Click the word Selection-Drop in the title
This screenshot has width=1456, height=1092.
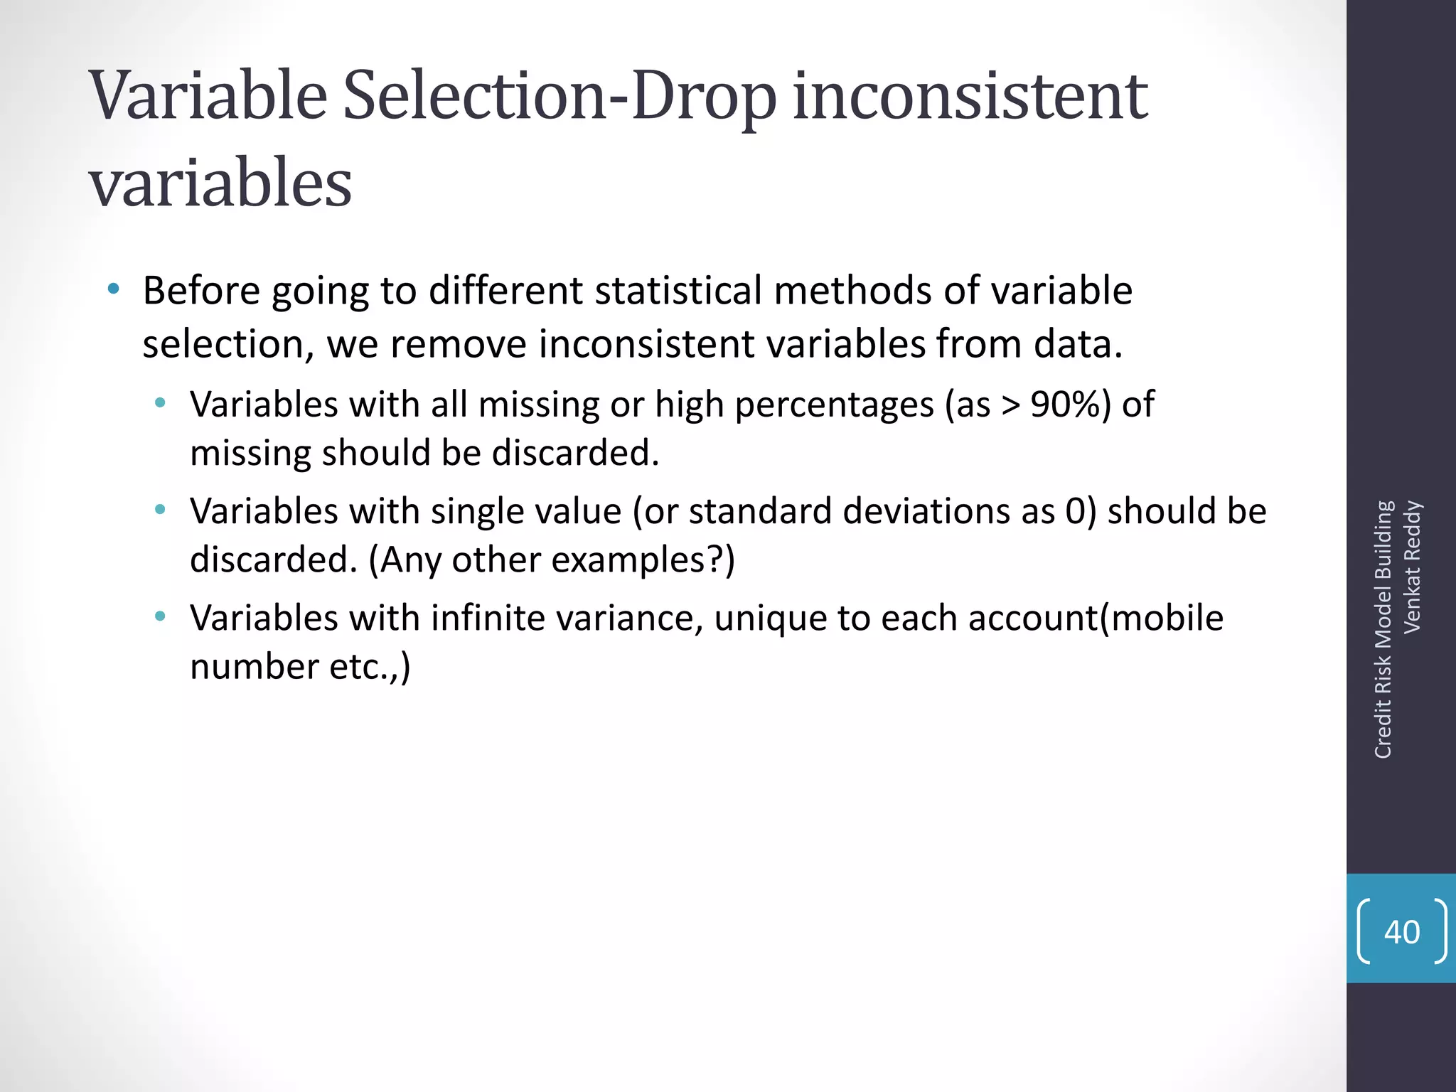click(x=560, y=96)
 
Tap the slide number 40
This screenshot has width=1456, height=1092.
click(x=1401, y=932)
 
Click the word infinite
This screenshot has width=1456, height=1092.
click(x=487, y=618)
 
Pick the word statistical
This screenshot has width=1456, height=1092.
click(x=678, y=291)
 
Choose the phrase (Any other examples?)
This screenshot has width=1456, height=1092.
click(x=552, y=560)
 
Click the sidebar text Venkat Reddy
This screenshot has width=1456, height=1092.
click(x=1412, y=567)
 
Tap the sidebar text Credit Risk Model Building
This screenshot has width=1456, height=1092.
click(x=1383, y=629)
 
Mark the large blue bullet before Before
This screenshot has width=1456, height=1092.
click(x=113, y=289)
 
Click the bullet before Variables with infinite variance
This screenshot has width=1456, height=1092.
click(x=161, y=616)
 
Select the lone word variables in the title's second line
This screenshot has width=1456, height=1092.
click(x=220, y=183)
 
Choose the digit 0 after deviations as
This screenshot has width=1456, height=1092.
click(x=1074, y=511)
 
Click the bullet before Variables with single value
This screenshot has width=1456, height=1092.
click(x=161, y=510)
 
